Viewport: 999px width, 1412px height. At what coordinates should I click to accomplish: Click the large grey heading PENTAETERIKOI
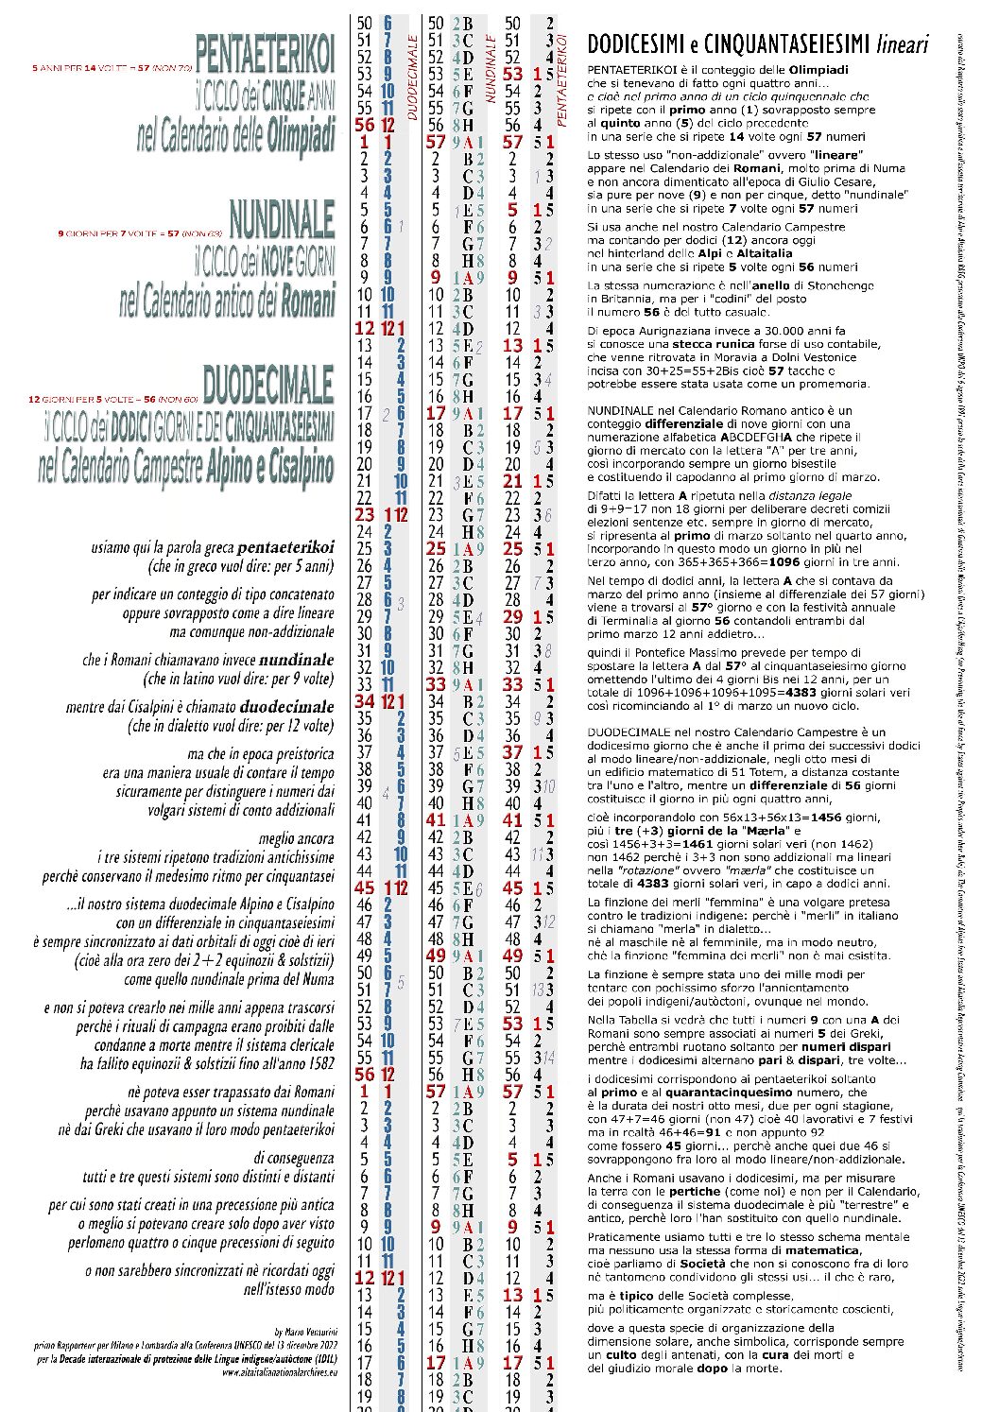(265, 54)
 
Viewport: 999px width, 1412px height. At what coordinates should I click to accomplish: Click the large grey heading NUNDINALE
(281, 218)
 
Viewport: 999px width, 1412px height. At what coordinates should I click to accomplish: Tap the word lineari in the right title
(902, 43)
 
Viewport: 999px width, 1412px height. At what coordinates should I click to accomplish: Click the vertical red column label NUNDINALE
(491, 68)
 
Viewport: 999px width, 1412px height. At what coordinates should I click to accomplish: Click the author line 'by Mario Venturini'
(304, 1332)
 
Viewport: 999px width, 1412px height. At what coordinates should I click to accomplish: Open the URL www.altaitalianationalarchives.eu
(280, 1372)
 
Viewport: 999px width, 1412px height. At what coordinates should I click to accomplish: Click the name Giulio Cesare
(870, 181)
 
